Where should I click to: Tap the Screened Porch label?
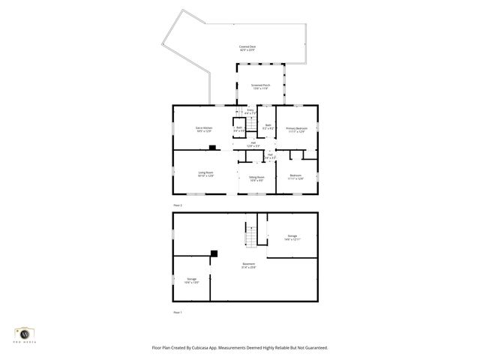coord(260,87)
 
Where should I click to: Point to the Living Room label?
coord(206,174)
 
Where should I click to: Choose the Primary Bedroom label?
coord(297,129)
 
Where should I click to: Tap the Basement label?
coord(248,265)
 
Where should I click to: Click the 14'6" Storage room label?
coord(292,237)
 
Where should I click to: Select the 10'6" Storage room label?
coord(192,280)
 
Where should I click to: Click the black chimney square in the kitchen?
coord(212,148)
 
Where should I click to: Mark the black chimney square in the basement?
coord(214,253)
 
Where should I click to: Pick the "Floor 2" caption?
coord(178,205)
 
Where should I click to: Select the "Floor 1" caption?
coord(178,311)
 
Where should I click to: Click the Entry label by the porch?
coord(250,112)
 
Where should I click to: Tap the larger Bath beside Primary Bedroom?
coord(268,126)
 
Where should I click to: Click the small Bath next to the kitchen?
coord(239,129)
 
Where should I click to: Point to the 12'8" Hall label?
coord(253,144)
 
